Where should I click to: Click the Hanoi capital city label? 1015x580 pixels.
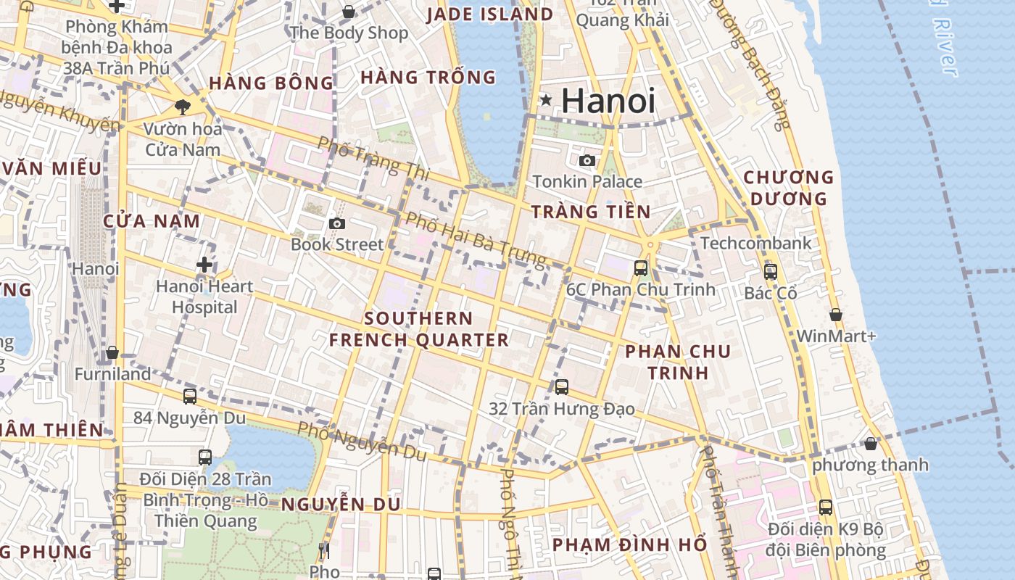pos(608,101)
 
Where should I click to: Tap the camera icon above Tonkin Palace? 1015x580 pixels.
pos(587,160)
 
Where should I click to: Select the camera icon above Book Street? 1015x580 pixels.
pos(336,223)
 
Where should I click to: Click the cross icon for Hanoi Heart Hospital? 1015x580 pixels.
pos(204,265)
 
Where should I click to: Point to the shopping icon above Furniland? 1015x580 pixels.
pos(112,353)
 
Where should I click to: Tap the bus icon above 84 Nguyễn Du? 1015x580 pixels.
pos(190,396)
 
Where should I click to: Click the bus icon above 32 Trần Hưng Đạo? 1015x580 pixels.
pos(562,387)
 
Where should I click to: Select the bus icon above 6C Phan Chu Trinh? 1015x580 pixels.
pos(641,268)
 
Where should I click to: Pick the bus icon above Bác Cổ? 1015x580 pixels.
pos(770,272)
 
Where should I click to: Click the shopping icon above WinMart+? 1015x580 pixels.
pos(836,315)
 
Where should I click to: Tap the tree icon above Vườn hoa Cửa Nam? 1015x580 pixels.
pos(182,107)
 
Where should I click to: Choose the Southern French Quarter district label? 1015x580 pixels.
pos(419,328)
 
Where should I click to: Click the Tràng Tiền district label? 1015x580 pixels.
pos(591,212)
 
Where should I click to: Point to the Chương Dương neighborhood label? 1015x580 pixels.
pos(789,188)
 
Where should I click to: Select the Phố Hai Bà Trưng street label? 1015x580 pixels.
pos(475,239)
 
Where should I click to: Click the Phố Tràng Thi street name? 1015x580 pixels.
pos(373,158)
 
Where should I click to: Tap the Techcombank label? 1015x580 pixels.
pos(755,243)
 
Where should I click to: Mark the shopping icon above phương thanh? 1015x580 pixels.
pos(871,443)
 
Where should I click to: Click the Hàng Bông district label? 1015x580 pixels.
pos(271,83)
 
